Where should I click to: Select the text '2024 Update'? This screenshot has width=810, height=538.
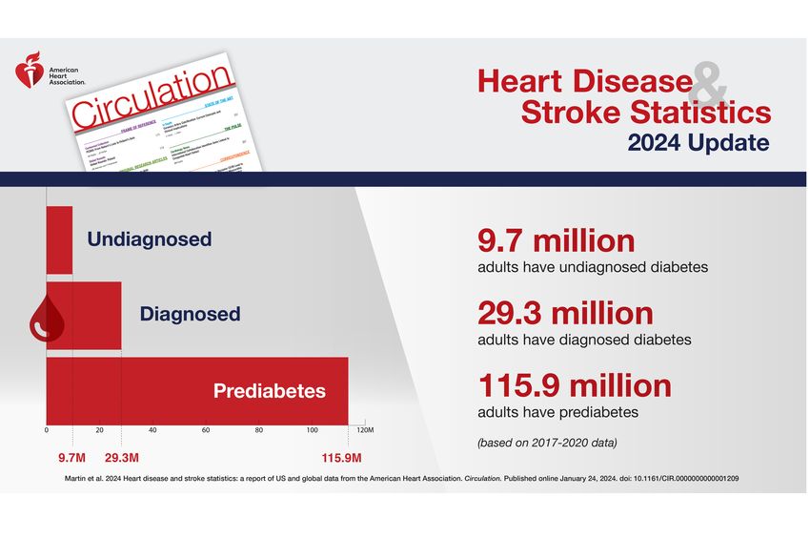tap(699, 143)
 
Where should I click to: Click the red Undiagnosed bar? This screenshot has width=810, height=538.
tap(59, 239)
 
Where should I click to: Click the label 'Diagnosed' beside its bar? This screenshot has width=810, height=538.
tap(190, 313)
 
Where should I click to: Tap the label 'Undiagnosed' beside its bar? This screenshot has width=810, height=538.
tap(150, 239)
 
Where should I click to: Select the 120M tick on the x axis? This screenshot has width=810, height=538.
tap(364, 431)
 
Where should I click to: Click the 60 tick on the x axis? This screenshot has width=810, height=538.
tap(206, 431)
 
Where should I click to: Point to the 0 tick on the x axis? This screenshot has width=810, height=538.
tap(47, 431)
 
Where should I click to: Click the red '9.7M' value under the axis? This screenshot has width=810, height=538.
tap(72, 455)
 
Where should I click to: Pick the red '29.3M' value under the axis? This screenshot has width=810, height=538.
tap(122, 455)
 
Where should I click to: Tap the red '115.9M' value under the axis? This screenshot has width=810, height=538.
tap(347, 455)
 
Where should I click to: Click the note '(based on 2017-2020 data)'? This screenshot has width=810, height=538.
tap(547, 442)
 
